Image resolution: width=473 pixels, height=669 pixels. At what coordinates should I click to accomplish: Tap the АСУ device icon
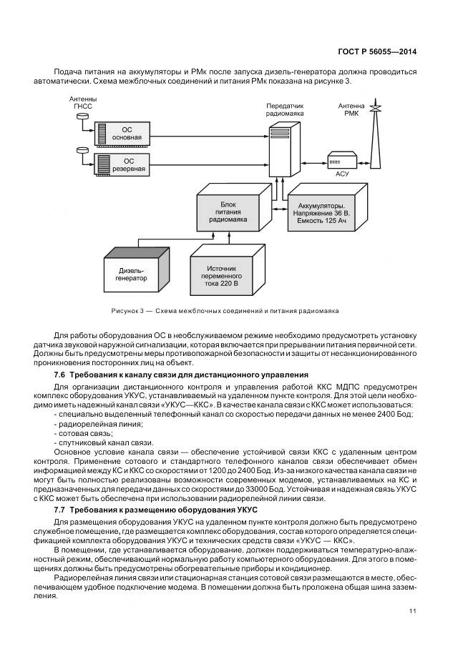tap(342, 161)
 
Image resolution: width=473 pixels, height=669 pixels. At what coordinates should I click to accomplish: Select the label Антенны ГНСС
tap(83, 102)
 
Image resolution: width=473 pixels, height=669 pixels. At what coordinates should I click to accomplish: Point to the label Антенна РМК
tap(351, 109)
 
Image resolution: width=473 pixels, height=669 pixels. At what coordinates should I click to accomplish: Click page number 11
tap(413, 610)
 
